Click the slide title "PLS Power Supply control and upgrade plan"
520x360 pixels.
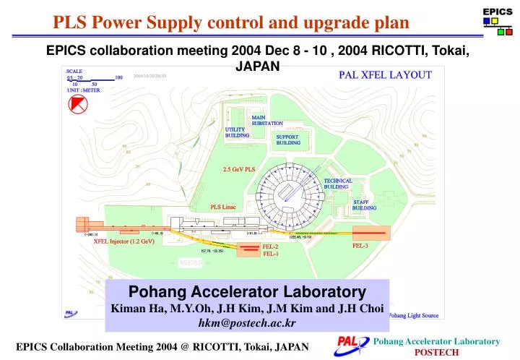(x=231, y=22)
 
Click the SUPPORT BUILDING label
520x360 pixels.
(x=287, y=140)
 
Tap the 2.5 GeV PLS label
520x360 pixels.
(x=239, y=170)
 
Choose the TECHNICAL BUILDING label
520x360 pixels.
(x=338, y=184)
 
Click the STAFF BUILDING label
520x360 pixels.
(x=364, y=205)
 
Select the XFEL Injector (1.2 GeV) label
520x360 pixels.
(x=124, y=241)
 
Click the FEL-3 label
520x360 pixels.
(x=360, y=246)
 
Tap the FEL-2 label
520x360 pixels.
(x=271, y=247)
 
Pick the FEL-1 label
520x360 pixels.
(x=271, y=254)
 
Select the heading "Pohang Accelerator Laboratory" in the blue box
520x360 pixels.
(x=247, y=292)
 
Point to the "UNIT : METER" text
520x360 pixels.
(x=83, y=90)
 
